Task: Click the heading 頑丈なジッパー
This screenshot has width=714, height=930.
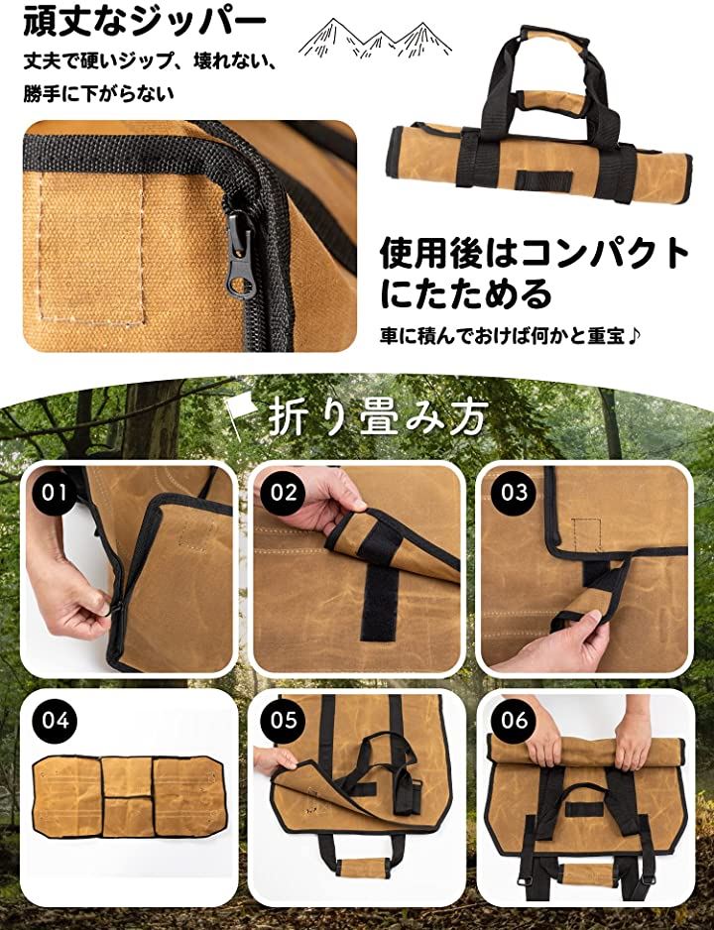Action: [144, 21]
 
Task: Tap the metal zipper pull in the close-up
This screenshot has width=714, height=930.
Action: [241, 254]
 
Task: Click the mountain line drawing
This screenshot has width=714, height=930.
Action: [375, 39]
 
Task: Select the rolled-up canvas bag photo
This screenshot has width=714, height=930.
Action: [538, 116]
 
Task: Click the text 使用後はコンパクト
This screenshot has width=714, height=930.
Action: [534, 253]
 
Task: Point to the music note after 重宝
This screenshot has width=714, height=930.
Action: [634, 336]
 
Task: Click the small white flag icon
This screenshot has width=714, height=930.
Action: [238, 414]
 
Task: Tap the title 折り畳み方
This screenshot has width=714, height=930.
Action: [378, 415]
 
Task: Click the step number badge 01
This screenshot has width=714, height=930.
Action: [56, 493]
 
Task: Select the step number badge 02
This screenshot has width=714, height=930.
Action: [284, 493]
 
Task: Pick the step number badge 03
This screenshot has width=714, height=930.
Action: [514, 493]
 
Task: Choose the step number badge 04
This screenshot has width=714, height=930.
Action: [56, 720]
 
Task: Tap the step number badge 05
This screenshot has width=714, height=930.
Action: [284, 720]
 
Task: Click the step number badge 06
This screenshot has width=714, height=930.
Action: [514, 720]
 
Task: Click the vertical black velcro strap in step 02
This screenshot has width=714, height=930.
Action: [380, 599]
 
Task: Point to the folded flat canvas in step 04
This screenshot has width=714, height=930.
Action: [129, 796]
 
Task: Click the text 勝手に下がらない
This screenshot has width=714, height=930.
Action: [98, 94]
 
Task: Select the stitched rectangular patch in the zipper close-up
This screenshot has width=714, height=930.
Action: [92, 249]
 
